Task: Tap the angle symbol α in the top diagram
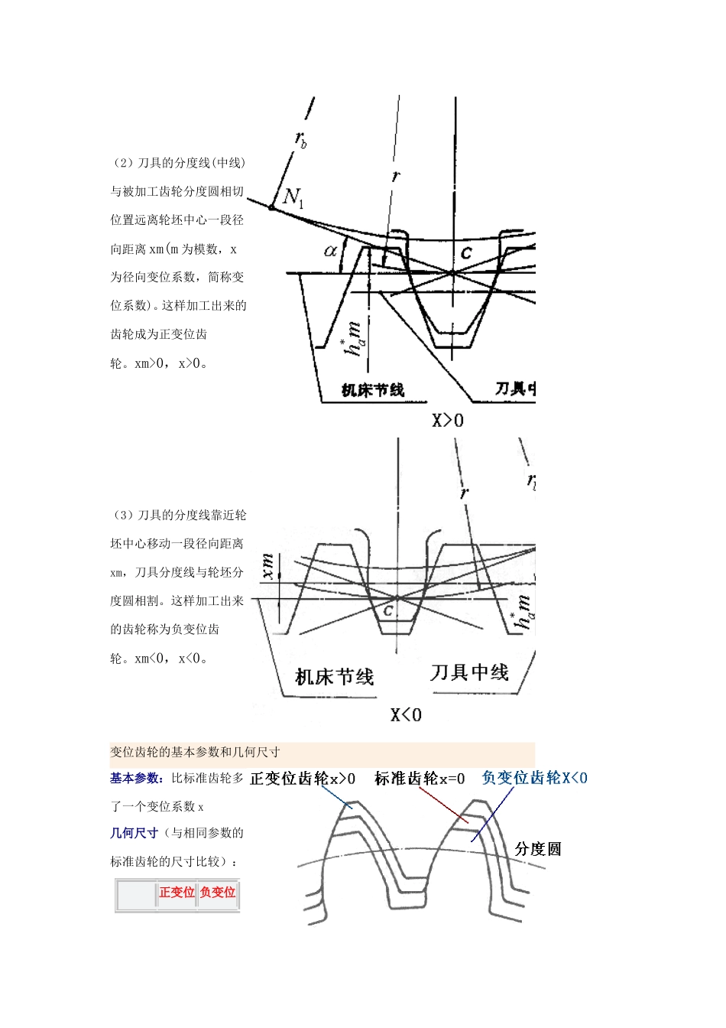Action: [331, 250]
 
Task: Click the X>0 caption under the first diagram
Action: [448, 420]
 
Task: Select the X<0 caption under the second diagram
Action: [406, 715]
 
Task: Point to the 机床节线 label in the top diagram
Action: [373, 390]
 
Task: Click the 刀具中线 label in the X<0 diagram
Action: [469, 672]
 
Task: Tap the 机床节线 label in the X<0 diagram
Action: [335, 677]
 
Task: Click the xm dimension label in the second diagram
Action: [267, 566]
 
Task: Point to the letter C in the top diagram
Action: [466, 253]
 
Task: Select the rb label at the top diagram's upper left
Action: [301, 140]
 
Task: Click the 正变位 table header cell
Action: [177, 892]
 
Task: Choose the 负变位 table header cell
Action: [218, 892]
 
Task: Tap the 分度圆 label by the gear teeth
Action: [538, 849]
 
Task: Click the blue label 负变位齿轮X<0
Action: [535, 778]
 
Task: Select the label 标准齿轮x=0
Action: [420, 779]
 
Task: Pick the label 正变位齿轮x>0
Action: [303, 779]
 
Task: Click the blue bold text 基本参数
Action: [135, 778]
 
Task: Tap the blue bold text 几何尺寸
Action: [134, 833]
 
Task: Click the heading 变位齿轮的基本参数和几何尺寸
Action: [195, 752]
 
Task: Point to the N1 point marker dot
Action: [271, 207]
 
